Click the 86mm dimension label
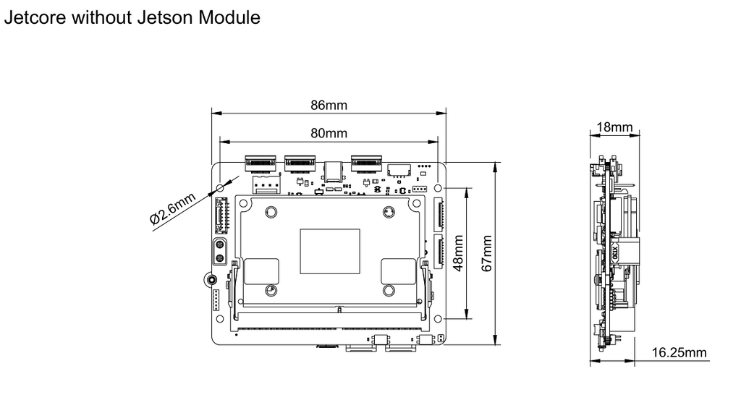329,105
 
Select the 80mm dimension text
329,133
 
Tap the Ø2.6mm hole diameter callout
174,210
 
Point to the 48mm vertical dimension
457,252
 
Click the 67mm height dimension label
487,254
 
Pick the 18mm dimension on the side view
614,128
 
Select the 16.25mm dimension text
679,352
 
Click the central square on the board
330,251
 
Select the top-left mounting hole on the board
219,187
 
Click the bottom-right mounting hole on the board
439,319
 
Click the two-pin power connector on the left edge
220,252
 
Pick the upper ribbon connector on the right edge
439,214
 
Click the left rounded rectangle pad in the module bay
261,271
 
